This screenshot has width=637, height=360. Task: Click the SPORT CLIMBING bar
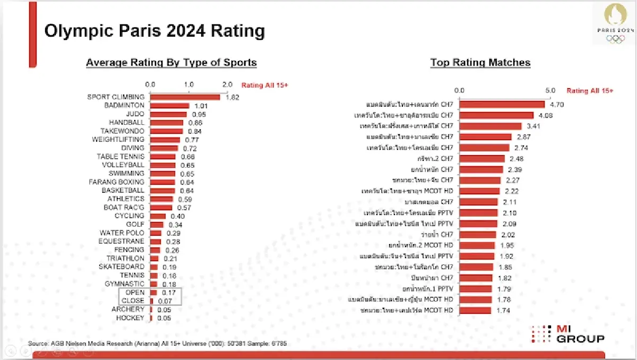185,97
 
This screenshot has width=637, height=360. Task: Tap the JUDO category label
135,114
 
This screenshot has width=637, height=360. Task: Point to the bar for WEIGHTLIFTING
165,140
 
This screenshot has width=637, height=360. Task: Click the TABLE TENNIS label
120,157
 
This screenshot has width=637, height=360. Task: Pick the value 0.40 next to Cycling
177,216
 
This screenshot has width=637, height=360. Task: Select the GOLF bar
157,225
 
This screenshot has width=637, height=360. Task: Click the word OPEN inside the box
135,293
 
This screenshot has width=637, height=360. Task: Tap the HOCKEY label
130,318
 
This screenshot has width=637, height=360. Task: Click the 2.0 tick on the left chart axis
227,85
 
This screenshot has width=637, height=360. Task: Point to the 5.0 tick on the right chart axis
550,91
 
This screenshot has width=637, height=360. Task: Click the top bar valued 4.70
502,105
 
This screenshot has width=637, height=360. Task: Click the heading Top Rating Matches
480,63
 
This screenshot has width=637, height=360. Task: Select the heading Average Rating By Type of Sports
171,63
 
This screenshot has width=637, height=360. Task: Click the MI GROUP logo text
580,334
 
